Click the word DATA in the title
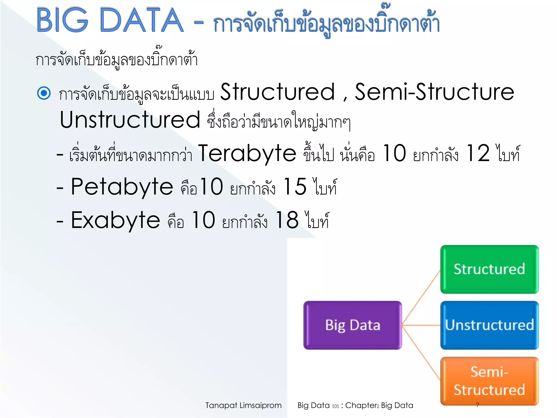coord(141,20)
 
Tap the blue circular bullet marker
coord(44,93)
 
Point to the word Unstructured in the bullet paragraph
coord(130,120)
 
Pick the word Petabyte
coord(122,187)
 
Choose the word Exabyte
coord(115,221)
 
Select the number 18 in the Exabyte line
coord(287,221)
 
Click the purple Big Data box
coord(352,325)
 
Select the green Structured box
coord(489,269)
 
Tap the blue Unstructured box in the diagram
coord(489,325)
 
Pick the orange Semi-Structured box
coord(489,381)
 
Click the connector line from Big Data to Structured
coord(421,297)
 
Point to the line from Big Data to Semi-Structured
coord(421,353)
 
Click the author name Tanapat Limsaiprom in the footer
coord(243,405)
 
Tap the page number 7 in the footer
coord(478,405)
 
